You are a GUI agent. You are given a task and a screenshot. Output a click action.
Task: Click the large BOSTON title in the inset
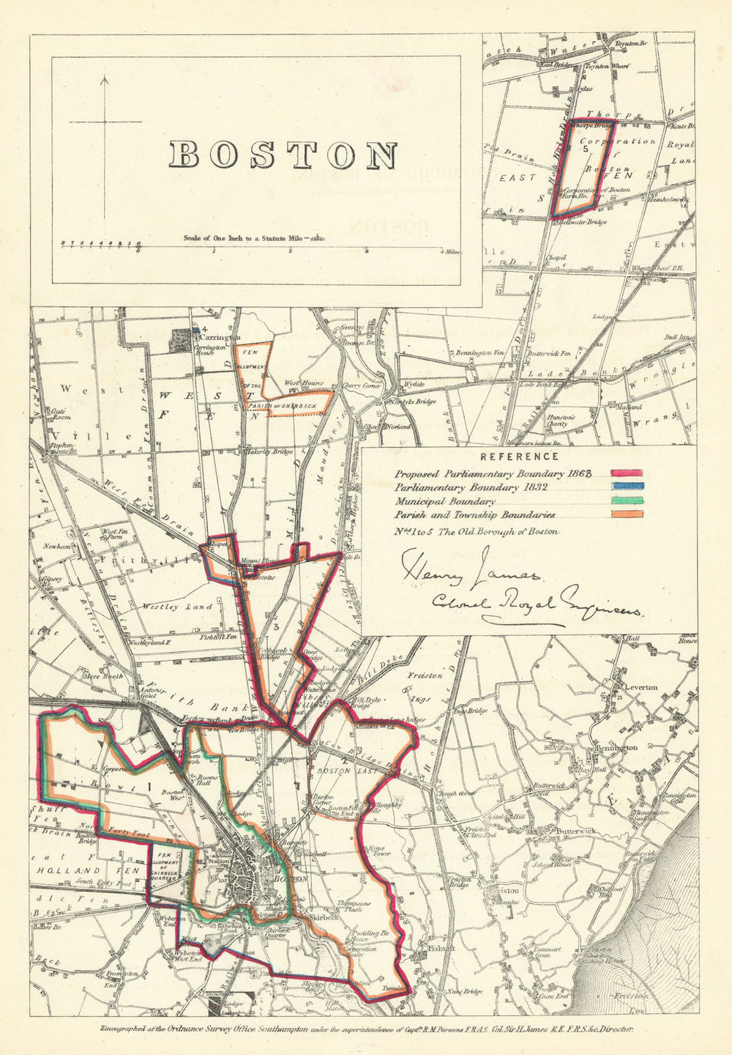click(284, 155)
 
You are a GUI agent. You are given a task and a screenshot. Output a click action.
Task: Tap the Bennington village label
click(619, 747)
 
